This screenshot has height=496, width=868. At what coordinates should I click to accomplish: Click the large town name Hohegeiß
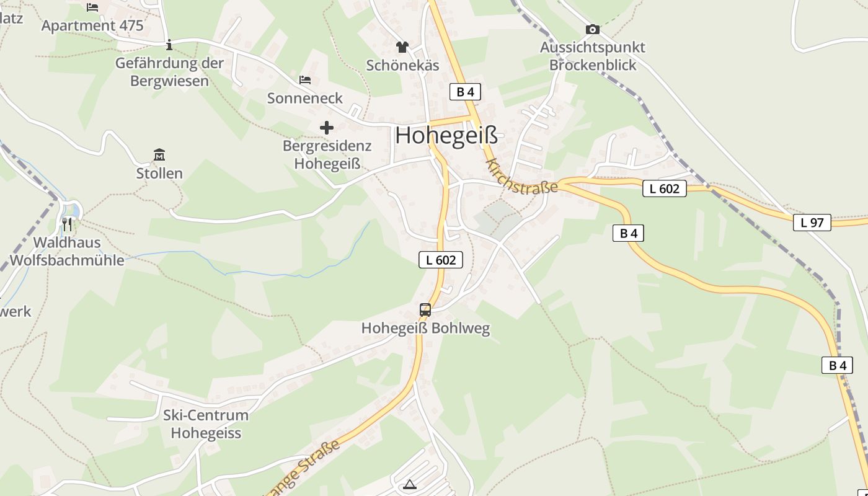coord(446,136)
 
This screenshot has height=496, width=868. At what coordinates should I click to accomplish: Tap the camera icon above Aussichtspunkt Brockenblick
coord(592,29)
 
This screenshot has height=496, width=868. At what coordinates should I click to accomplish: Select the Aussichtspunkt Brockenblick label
coord(592,56)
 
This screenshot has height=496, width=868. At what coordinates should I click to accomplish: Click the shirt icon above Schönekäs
coord(402,46)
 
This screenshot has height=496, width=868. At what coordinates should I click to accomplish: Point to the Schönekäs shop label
coord(402,66)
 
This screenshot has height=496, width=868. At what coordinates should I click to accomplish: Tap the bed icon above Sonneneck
coord(305,80)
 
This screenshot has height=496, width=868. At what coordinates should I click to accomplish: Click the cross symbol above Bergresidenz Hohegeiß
coord(327,128)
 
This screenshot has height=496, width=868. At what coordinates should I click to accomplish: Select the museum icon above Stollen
coord(159,154)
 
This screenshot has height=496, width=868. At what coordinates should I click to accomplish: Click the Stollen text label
coord(159,174)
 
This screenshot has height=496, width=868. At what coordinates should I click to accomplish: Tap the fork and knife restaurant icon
coord(67,224)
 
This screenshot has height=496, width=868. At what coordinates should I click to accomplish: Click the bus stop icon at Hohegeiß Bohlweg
coord(425,309)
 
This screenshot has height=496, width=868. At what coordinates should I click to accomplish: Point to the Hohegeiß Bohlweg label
coord(425,329)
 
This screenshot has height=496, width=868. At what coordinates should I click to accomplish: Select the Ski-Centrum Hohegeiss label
coord(205,424)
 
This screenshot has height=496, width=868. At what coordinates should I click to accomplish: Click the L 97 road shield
coord(812,223)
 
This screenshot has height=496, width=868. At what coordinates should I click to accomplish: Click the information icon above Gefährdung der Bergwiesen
coord(169,45)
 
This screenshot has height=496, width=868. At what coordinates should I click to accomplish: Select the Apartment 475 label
coord(92,26)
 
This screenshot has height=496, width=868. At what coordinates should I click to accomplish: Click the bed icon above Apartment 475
coord(92,7)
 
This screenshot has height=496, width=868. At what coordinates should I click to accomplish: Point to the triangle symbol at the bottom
coord(409,484)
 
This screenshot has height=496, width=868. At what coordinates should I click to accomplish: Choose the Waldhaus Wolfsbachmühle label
coord(67,251)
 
